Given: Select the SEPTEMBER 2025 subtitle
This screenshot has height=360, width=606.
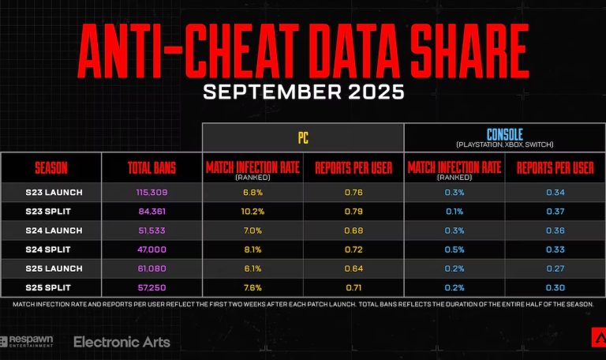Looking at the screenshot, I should pos(303,92).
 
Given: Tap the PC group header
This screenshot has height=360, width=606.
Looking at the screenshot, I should pos(303,137).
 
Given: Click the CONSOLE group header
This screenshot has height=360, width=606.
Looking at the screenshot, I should pos(504,134).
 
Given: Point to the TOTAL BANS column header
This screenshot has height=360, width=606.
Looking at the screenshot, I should pos(151,167).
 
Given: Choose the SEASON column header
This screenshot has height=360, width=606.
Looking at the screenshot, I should pos(51,167).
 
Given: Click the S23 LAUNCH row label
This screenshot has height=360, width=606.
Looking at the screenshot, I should pos(51,192).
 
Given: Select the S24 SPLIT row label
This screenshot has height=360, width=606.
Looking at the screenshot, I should pos(51,249).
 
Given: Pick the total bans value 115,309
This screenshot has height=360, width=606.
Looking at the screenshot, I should pos(151,192).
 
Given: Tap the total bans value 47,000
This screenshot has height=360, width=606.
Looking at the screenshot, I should pos(151,249).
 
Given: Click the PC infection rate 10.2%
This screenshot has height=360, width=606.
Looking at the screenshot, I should pos(252,211).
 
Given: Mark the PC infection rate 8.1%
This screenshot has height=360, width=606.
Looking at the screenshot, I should pos(252,249).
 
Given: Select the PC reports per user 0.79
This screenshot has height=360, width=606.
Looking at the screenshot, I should pos(353,211).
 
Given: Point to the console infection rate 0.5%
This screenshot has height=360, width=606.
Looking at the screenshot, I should pos(454,249).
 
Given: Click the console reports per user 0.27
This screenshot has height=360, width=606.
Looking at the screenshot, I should pos(555,268).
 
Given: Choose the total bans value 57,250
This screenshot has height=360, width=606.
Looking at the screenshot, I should pos(151,287).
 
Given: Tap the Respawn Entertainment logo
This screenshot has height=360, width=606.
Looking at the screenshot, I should pos(28,342).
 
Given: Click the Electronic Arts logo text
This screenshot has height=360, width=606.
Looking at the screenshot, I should pos(122,342).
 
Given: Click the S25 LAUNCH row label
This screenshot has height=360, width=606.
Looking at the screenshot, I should pos(51,268).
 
